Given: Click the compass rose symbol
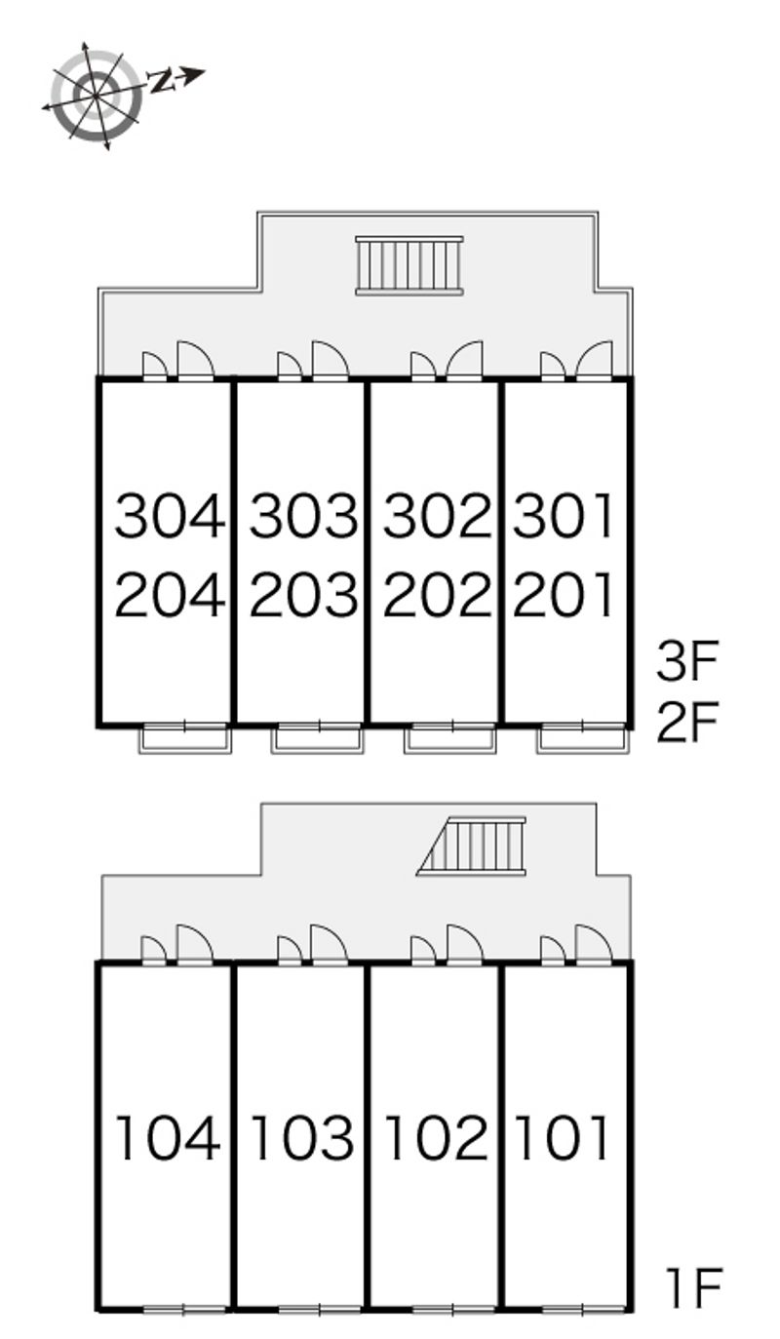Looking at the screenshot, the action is pos(96,95).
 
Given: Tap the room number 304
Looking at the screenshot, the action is pos(170,516).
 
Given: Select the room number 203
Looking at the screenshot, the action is pos(303,594).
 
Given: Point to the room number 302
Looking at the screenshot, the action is pos(437,516).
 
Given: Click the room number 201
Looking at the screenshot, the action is pos(563,594).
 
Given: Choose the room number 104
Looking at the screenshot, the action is pos(168,1139).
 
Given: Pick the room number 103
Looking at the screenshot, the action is pos(302,1139).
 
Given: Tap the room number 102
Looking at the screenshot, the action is pos(437,1139).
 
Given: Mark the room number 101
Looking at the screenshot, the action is pos(562,1139).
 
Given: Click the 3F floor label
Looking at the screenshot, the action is pos(687,661).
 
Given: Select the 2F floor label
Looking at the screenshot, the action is pos(687,722).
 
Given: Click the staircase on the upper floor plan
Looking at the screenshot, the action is pos(409,265).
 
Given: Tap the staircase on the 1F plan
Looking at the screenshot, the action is pos(472,847).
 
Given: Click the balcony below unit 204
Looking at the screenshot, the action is pos(185,739).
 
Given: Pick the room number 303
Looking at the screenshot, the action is pos(303,516).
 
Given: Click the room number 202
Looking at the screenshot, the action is pos(437,594).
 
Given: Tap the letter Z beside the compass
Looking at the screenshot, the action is pos(160,81).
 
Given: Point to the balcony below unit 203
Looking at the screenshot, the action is pos(318,739).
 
